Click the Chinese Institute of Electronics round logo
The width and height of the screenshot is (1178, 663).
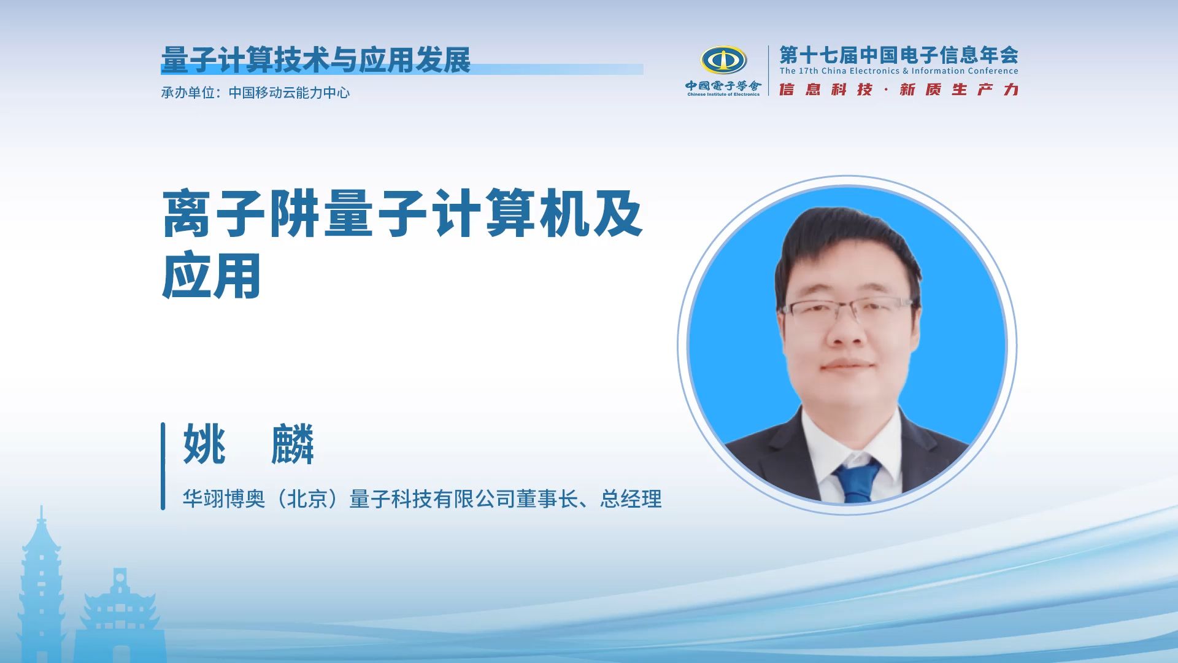pyautogui.click(x=723, y=61)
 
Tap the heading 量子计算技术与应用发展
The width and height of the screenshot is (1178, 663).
pyautogui.click(x=315, y=60)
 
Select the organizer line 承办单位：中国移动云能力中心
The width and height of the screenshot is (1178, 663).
pyautogui.click(x=255, y=93)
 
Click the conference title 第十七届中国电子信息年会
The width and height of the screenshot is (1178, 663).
pyautogui.click(x=898, y=55)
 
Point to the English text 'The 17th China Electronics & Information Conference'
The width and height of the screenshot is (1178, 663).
pyautogui.click(x=898, y=71)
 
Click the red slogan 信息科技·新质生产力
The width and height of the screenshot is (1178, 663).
pyautogui.click(x=898, y=90)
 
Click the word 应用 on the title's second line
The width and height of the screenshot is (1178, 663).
pyautogui.click(x=212, y=276)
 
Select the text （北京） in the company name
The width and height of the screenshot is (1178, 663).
pyautogui.click(x=307, y=499)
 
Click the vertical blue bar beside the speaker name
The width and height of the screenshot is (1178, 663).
pyautogui.click(x=163, y=466)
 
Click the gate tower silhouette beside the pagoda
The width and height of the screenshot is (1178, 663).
pyautogui.click(x=120, y=614)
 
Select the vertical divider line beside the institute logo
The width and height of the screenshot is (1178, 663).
pyautogui.click(x=769, y=71)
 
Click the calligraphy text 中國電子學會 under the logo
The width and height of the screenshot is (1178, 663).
pyautogui.click(x=723, y=87)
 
